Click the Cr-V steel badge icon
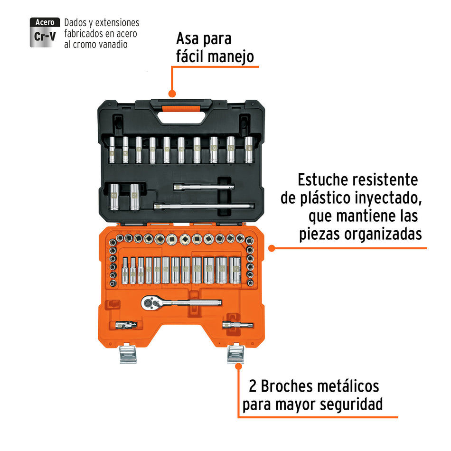45,32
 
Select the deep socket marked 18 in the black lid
249,150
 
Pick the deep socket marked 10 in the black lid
125,150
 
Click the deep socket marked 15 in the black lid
197,150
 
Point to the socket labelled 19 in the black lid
114,197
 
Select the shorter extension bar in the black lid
204,188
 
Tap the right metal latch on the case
235,353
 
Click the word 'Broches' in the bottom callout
294,386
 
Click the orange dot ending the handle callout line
172,94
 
